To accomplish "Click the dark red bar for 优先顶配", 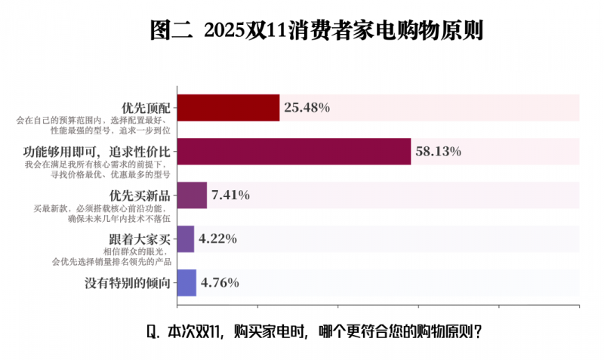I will coord(228,108).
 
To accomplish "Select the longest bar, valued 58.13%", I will coord(294,152).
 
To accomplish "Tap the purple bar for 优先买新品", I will coord(192,195).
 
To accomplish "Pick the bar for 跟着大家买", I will coord(186,239).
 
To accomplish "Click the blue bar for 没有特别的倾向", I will coord(186,283).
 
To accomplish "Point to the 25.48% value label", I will coord(307,108).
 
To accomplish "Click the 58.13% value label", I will coord(439,152).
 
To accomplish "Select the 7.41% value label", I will coord(231,195).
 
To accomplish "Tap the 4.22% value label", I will coord(218,239).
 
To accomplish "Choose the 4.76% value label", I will coord(220,283).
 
